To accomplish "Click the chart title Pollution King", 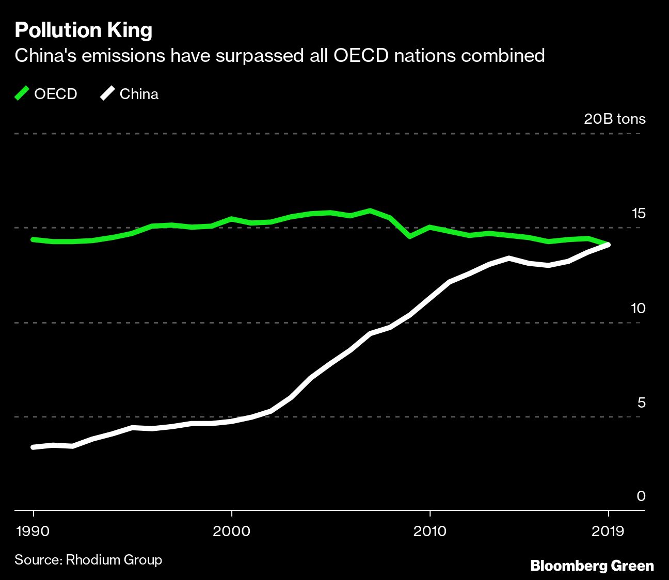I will pos(84,30).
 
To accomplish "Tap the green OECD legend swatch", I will pos(22,94).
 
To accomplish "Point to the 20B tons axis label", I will pos(614,119).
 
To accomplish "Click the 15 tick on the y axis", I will pos(638,214).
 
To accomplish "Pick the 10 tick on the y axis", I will pos(638,308).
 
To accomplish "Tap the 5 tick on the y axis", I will pos(641,402).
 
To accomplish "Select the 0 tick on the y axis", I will pos(641,496).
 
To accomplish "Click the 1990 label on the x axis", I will pos(34,531).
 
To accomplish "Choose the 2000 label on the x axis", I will pos(232,531).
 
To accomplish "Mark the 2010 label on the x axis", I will pos(429,531).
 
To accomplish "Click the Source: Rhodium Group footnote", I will pos(88,560).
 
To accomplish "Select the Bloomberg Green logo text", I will pos(592,566).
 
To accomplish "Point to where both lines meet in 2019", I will pos(609,245).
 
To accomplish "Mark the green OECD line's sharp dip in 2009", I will pos(410,236).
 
